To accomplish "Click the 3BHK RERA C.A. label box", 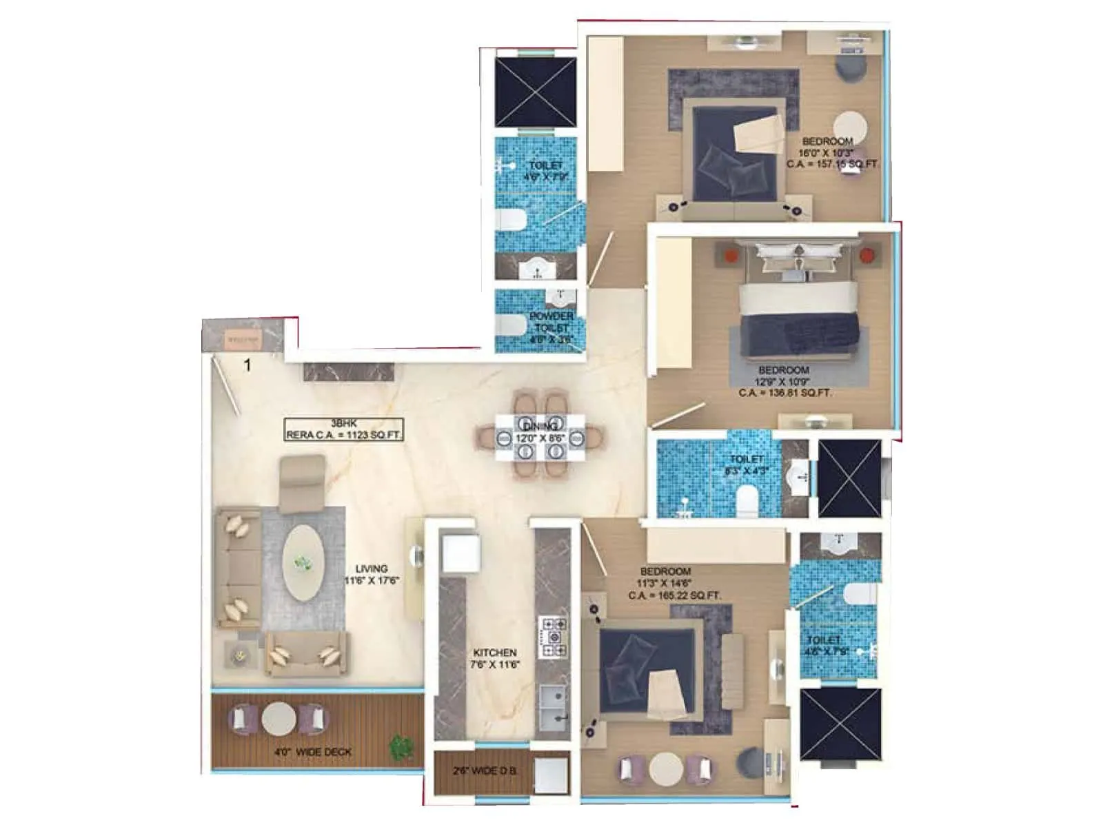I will [x=344, y=429].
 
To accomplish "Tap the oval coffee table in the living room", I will [x=303, y=563].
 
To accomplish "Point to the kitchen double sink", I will [x=553, y=708].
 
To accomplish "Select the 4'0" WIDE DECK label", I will [x=312, y=752].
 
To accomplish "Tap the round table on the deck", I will [x=279, y=718].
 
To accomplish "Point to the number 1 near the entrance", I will [x=247, y=365].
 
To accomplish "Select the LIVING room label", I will [x=371, y=569].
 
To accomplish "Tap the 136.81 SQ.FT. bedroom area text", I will [x=785, y=393].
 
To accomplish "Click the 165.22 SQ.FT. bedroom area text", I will [x=675, y=595].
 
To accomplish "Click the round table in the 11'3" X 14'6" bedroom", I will [x=665, y=768].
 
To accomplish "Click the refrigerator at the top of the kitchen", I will [x=460, y=552].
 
